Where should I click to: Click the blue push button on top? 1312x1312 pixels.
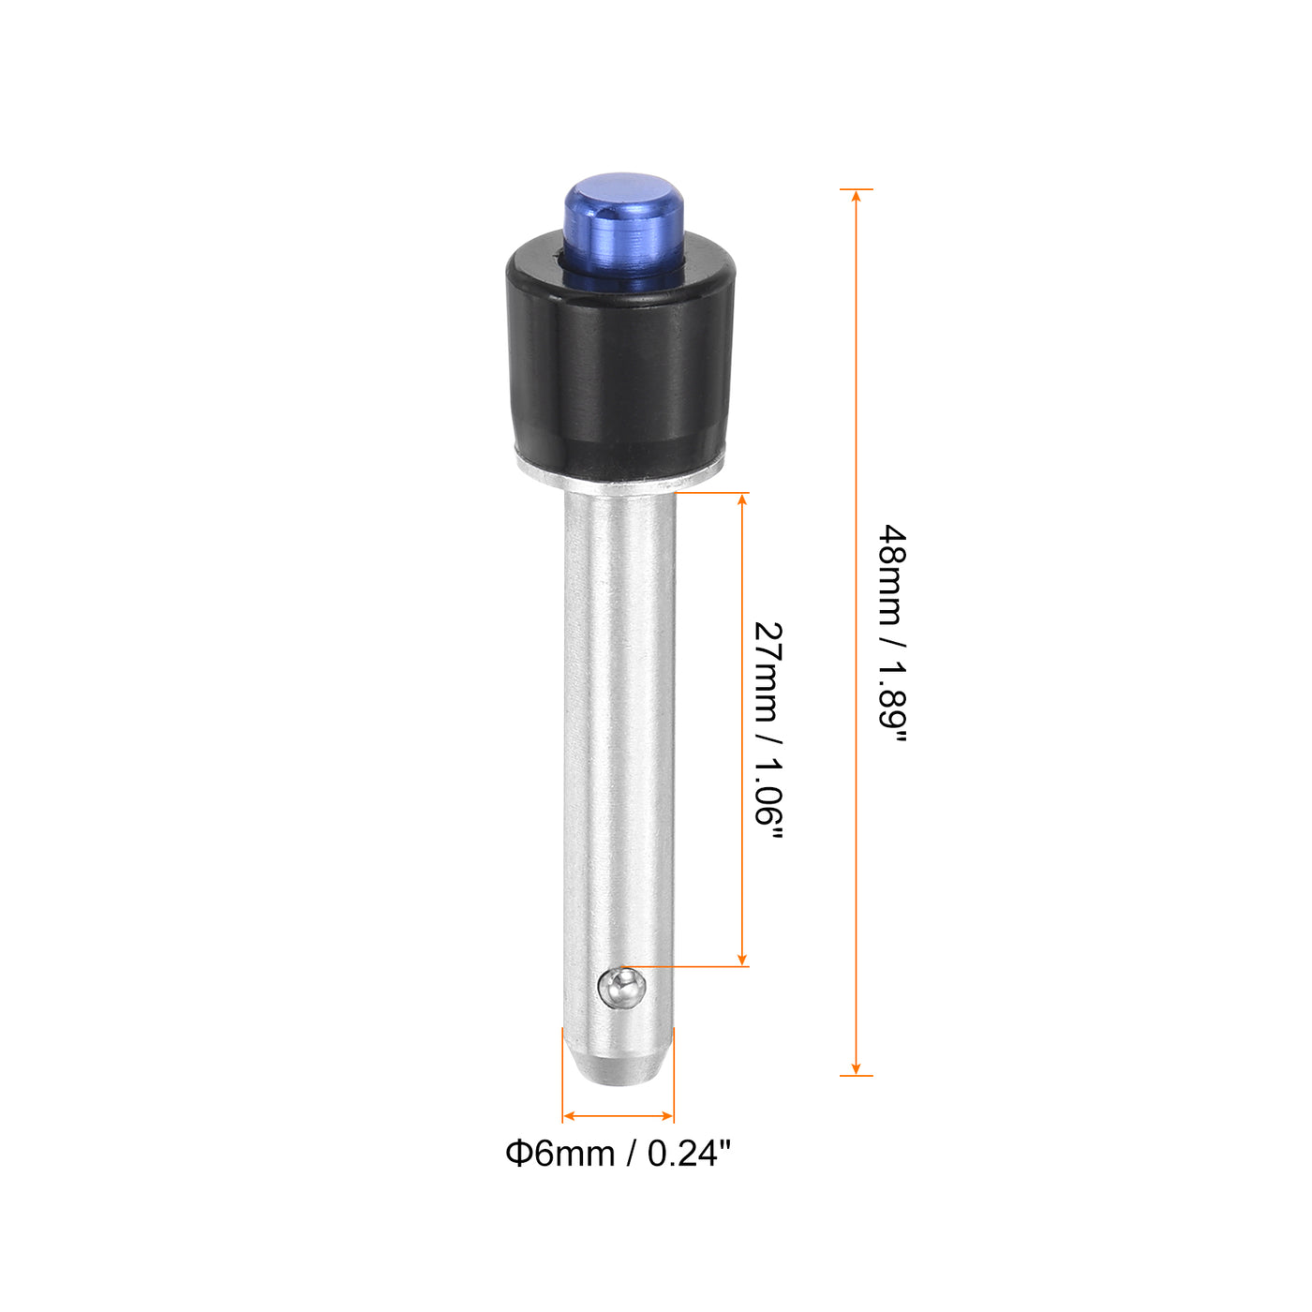tap(622, 225)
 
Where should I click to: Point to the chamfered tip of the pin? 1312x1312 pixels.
tap(619, 1068)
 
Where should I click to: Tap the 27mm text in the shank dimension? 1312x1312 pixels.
tap(768, 671)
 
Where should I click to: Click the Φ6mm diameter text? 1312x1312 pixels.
tap(559, 1154)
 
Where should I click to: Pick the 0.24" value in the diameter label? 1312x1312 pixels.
tap(689, 1154)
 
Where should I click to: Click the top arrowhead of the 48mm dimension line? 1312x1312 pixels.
tap(856, 196)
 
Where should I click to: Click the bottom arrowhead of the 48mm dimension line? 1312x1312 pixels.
tap(856, 1068)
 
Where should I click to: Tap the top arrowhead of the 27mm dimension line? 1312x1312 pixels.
tap(742, 500)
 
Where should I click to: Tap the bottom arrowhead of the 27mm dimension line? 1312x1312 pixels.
tap(742, 959)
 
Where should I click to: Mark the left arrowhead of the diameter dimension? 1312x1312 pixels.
tap(569, 1116)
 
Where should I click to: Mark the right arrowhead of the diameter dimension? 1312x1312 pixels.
tap(667, 1116)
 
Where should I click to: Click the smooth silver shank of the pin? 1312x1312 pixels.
tap(619, 731)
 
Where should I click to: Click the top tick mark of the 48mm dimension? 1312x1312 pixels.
tap(856, 188)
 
